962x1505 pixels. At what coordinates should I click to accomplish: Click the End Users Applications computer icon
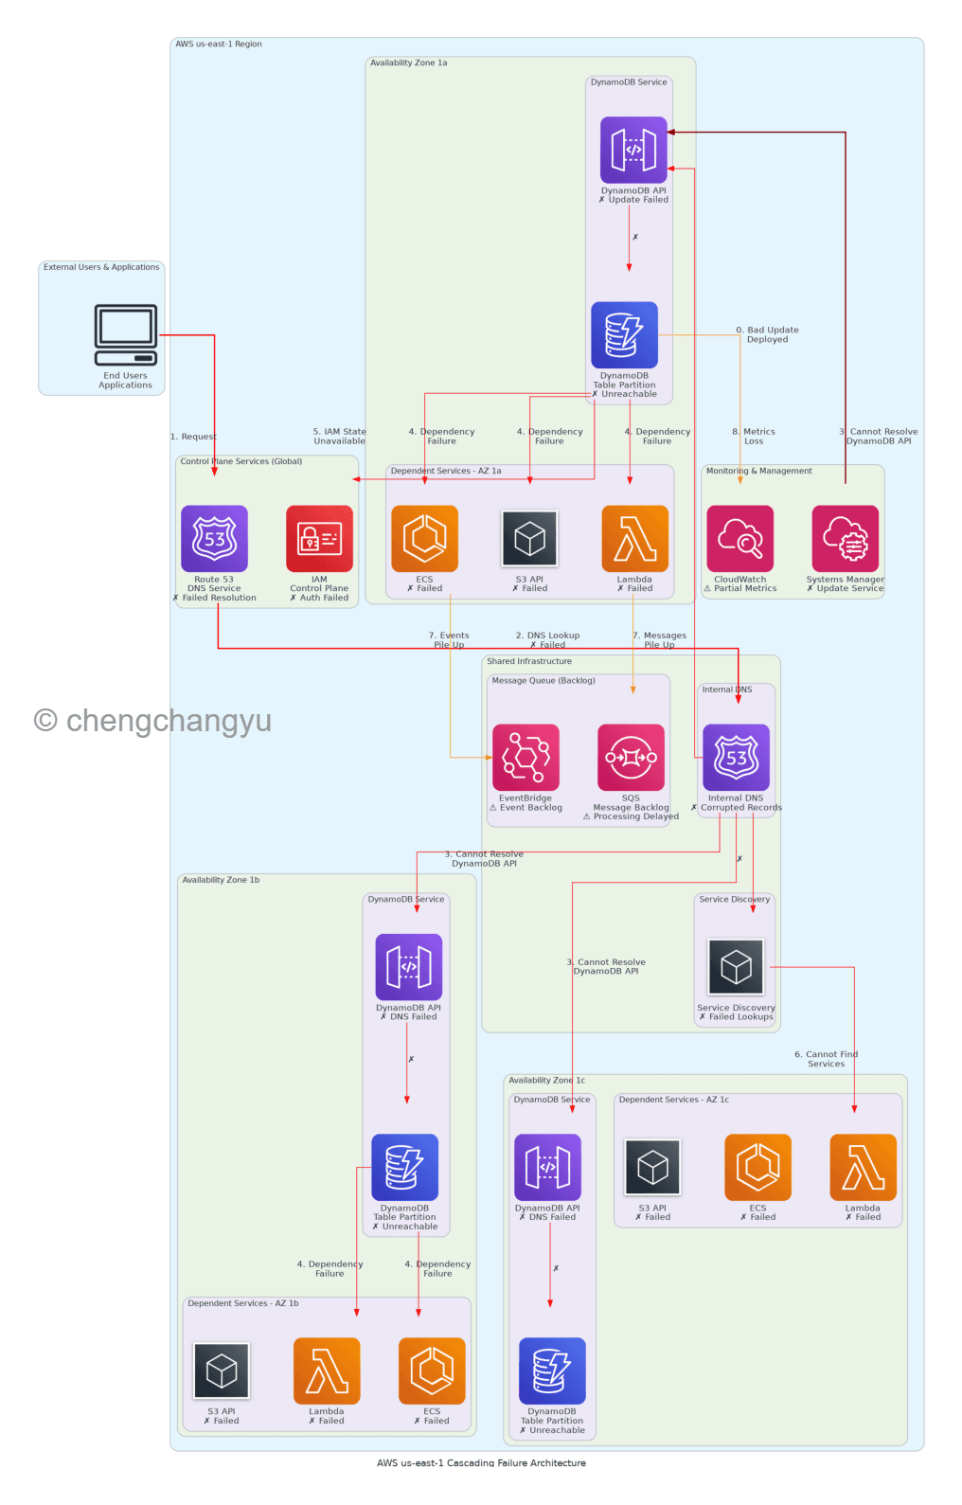[126, 334]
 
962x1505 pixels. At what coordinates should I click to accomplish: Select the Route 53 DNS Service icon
[215, 538]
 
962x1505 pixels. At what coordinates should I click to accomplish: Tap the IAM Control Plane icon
[319, 538]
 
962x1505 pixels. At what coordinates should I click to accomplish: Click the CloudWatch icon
[739, 538]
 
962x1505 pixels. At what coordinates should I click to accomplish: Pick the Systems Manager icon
[845, 538]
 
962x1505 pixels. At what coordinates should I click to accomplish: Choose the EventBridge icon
[526, 757]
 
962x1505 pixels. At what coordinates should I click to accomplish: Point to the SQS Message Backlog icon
[631, 757]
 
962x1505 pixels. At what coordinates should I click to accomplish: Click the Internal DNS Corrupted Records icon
[736, 757]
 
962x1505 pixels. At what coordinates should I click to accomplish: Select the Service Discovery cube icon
[736, 967]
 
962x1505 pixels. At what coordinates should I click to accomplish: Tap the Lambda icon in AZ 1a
[634, 538]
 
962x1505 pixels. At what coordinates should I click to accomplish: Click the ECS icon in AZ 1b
[432, 1371]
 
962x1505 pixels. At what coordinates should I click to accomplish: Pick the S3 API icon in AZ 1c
[652, 1167]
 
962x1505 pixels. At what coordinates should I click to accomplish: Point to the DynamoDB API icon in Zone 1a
[633, 150]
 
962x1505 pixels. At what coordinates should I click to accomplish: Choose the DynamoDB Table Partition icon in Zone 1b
[405, 1167]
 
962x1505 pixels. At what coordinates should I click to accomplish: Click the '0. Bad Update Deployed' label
[767, 334]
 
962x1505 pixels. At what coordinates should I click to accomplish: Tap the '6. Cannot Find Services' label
[826, 1059]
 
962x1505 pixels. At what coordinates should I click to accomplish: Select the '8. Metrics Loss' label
[754, 436]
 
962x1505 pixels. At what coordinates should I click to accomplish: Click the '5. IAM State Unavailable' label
[339, 436]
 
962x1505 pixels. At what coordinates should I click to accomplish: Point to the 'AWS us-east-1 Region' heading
[219, 45]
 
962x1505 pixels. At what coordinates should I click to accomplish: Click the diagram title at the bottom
[481, 1462]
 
